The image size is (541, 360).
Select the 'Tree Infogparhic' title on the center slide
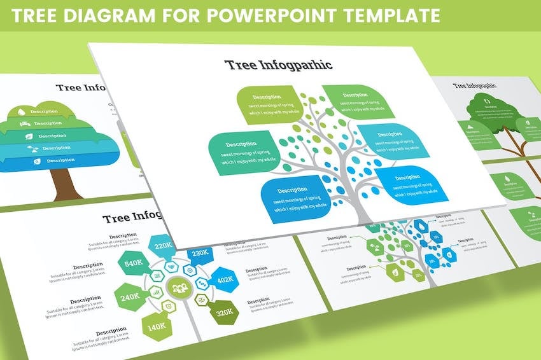[278, 65]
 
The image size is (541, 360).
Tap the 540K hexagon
[133, 263]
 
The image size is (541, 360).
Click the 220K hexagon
[163, 246]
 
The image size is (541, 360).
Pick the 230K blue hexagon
[199, 253]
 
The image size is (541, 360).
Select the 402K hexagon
[224, 280]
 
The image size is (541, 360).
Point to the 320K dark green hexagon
[223, 312]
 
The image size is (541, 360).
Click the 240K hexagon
[129, 296]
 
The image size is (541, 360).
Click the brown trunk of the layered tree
[64, 184]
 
